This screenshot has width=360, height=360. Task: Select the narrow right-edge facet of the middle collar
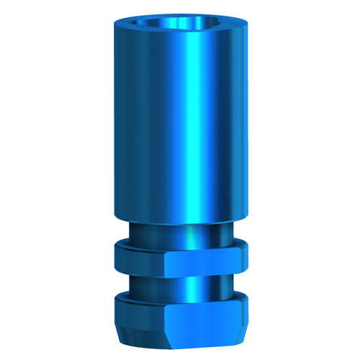(243, 258)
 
